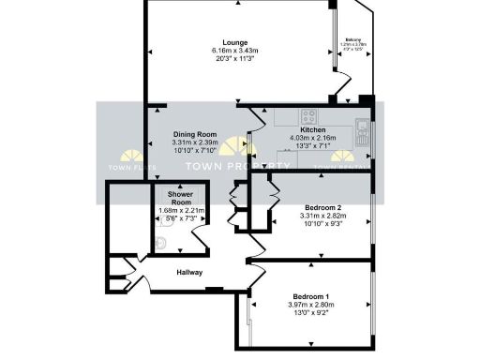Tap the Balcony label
click(353, 40)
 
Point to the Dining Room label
click(194, 135)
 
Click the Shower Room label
click(179, 199)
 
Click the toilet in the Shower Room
click(161, 244)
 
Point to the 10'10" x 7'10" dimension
click(194, 151)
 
